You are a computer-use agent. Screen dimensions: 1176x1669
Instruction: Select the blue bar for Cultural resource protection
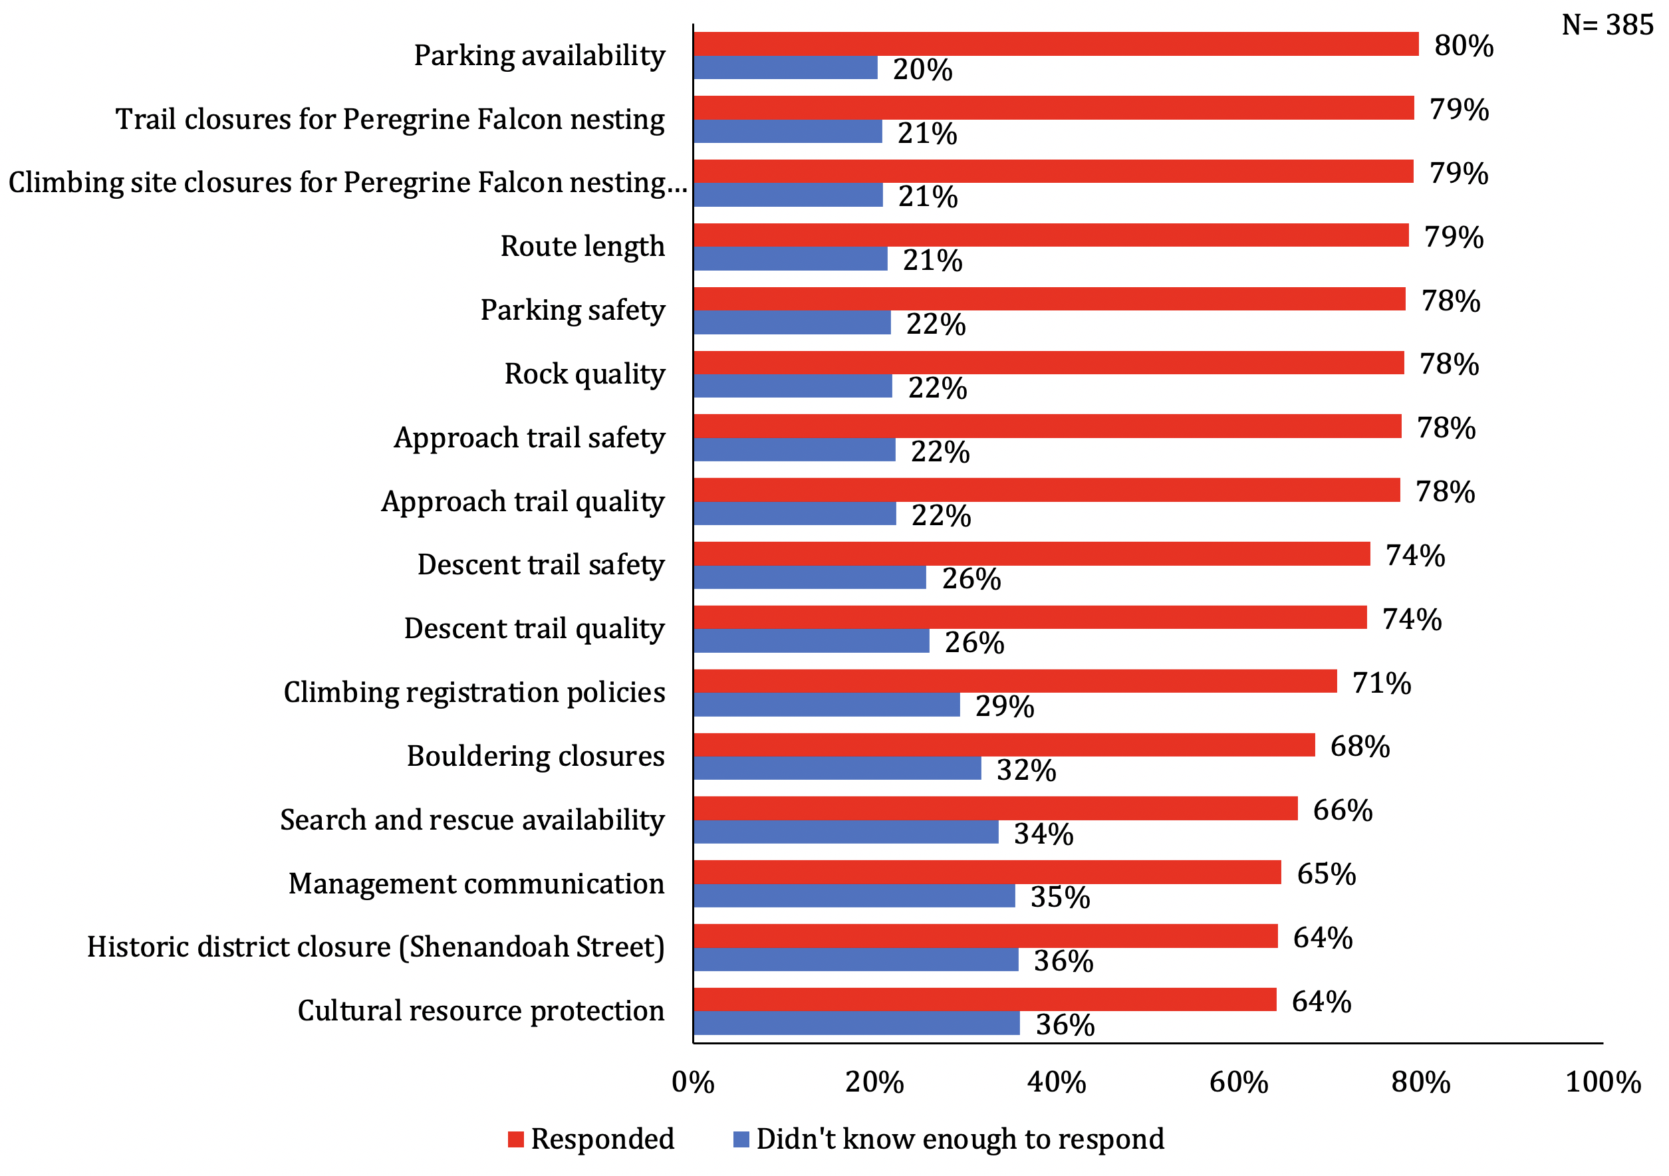point(856,1023)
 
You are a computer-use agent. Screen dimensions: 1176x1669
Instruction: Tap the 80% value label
point(1464,45)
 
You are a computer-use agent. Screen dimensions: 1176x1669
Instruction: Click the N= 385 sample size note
point(1607,25)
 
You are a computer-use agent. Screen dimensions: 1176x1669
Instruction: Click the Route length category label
point(582,247)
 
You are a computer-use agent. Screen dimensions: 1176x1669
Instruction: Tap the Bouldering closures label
point(536,756)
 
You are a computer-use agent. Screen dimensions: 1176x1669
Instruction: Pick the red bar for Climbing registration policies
point(1015,681)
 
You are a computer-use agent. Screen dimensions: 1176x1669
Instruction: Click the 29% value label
point(1005,707)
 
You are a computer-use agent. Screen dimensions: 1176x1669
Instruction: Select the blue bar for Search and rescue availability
point(845,832)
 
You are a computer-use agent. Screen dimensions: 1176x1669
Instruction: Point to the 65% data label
point(1326,874)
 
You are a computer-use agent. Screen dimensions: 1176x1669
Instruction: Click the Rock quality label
point(584,374)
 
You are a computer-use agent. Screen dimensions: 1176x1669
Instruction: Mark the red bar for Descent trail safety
point(1031,554)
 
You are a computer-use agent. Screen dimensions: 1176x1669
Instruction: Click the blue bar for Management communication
point(854,895)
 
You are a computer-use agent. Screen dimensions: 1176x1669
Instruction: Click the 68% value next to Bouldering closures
point(1359,747)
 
